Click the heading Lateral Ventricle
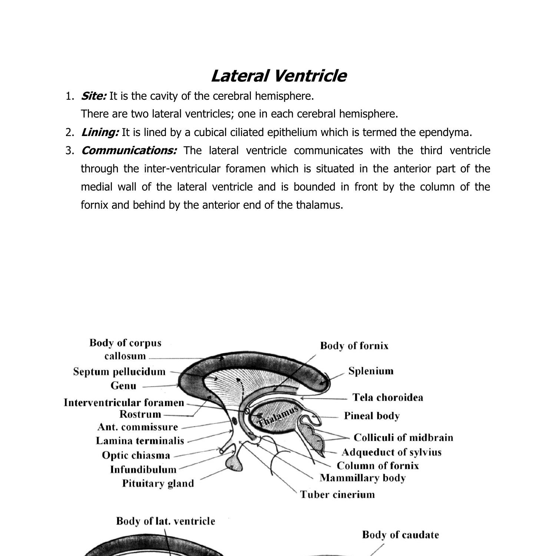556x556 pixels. coord(278,76)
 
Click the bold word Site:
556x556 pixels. coord(94,96)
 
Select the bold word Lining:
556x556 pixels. coord(100,132)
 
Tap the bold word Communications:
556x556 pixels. coord(129,150)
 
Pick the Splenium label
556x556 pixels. coord(371,371)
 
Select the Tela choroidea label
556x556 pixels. coord(387,397)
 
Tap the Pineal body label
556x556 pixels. coord(371,416)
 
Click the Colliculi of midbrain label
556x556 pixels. coord(403,437)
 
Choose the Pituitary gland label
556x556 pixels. coord(158,483)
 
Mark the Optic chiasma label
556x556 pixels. coord(136,455)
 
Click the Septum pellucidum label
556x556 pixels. coord(119,371)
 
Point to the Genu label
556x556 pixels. coord(123,386)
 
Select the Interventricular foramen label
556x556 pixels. coord(124,403)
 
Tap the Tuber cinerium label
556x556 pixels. coord(337,494)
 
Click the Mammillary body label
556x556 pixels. coord(362,478)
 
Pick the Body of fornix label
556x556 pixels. coord(354,346)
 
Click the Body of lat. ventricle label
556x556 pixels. coord(165,521)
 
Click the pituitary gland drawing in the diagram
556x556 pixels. coord(234,463)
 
